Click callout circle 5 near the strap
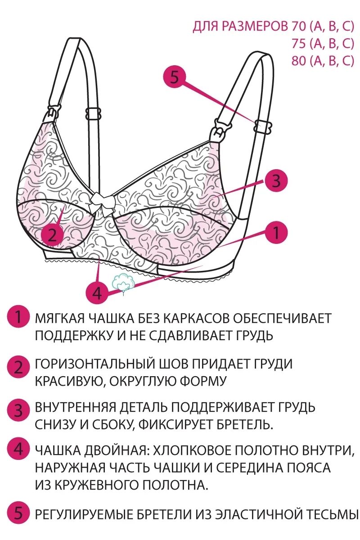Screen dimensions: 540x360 click(175, 77)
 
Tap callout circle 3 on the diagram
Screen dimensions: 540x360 click(276, 181)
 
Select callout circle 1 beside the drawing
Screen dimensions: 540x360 click(276, 233)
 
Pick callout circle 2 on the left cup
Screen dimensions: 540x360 click(53, 235)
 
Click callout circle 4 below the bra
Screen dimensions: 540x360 click(98, 293)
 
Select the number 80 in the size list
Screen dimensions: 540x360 click(298, 61)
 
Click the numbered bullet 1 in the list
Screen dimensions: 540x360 click(18, 318)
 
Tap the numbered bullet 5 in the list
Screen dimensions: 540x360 click(18, 513)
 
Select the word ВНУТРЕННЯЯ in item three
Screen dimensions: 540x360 click(76, 408)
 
